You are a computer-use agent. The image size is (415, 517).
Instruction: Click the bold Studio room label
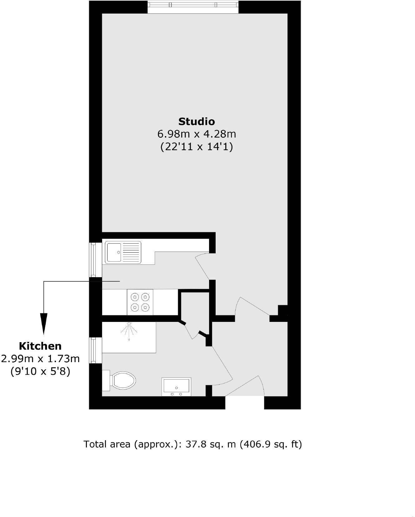(x=197, y=121)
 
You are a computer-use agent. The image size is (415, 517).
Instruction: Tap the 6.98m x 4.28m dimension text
(x=197, y=134)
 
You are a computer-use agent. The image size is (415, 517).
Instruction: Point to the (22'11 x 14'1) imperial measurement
(x=197, y=146)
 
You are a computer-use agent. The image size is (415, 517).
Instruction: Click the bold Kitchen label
(x=40, y=346)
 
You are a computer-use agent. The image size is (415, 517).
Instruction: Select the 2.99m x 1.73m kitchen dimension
(x=40, y=359)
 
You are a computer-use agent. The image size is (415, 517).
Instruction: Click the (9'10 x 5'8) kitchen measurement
(x=40, y=372)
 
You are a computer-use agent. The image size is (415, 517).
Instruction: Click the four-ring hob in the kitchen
(x=140, y=302)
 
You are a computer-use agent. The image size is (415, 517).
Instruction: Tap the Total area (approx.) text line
(x=192, y=444)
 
